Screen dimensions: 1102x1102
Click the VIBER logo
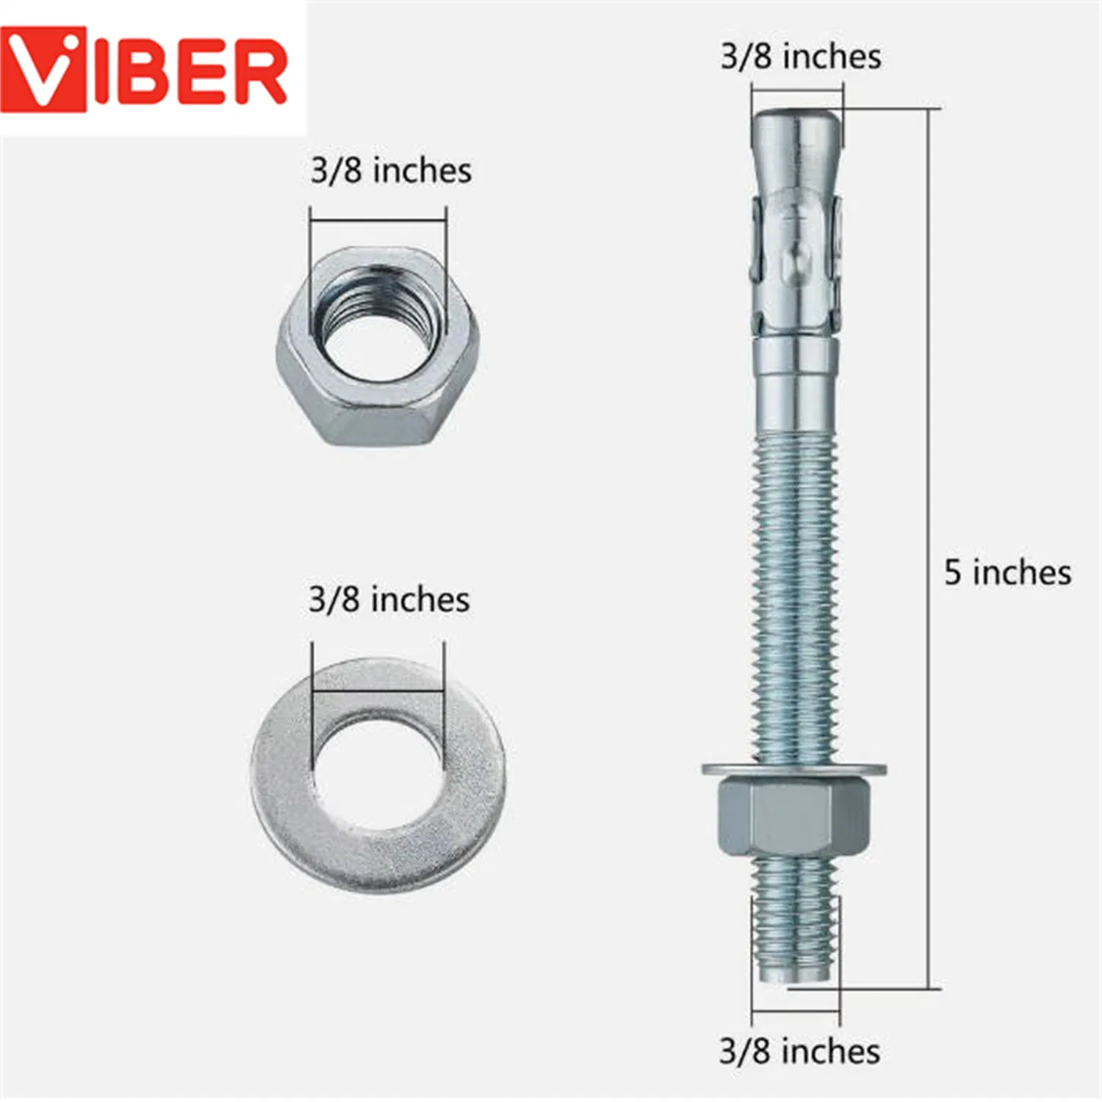[x=143, y=70]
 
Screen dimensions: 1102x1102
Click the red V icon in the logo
[x=43, y=70]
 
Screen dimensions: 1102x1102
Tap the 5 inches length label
[x=1007, y=572]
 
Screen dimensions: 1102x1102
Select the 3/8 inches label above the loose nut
[x=391, y=170]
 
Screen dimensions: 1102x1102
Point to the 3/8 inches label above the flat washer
[x=389, y=599]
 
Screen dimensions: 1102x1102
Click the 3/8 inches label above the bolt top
[x=801, y=57]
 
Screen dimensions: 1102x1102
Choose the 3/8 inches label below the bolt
[x=799, y=1051]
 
